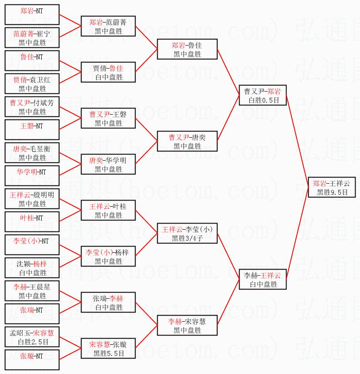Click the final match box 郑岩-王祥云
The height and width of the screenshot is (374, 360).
click(x=332, y=187)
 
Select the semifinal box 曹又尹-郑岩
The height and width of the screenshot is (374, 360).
click(x=263, y=95)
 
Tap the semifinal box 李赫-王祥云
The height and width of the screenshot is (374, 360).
click(x=263, y=279)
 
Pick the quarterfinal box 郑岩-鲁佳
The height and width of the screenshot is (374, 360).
click(x=187, y=49)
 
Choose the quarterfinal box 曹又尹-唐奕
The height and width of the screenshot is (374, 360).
click(x=187, y=141)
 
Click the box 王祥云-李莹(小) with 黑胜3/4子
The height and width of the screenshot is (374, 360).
click(x=187, y=233)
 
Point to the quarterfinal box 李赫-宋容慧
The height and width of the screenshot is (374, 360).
click(x=187, y=325)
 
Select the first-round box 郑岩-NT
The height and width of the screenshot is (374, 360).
click(x=32, y=15)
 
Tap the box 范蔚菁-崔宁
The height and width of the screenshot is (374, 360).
click(x=32, y=38)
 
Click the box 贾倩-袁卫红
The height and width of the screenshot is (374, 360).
click(x=32, y=84)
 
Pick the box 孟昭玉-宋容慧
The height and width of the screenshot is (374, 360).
click(x=32, y=337)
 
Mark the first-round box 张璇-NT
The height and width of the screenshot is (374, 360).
click(x=32, y=360)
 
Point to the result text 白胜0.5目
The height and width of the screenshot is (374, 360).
click(x=263, y=100)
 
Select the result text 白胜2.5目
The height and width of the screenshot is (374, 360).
click(x=33, y=342)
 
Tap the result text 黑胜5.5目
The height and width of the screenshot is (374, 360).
click(x=109, y=353)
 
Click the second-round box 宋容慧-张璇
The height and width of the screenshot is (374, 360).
click(x=108, y=348)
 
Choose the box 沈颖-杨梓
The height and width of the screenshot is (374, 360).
click(x=32, y=268)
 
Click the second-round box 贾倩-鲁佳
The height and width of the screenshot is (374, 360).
click(x=108, y=72)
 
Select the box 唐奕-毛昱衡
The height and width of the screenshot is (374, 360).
click(x=32, y=153)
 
